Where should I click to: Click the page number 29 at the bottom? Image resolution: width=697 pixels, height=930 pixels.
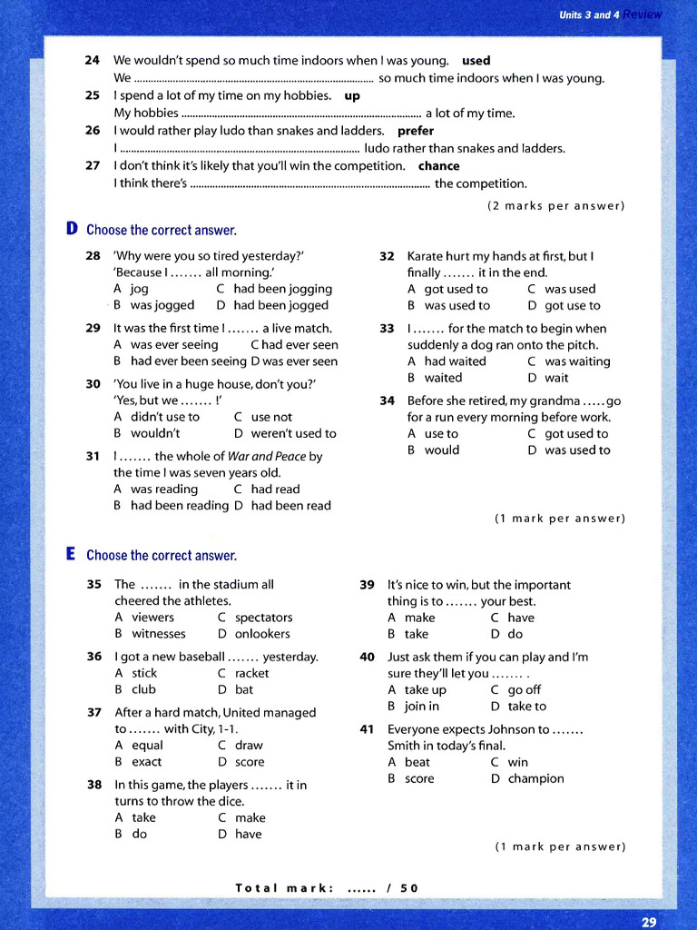click(x=648, y=921)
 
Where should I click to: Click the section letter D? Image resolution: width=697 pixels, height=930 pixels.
click(x=72, y=229)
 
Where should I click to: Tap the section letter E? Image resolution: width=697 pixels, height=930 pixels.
click(x=71, y=554)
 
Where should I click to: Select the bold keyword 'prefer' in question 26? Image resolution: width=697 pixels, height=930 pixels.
click(x=416, y=131)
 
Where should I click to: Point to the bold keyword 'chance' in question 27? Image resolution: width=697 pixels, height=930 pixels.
click(x=438, y=166)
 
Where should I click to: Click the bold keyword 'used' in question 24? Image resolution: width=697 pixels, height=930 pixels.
click(x=476, y=61)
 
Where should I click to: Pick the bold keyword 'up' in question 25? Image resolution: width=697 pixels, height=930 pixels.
click(x=352, y=95)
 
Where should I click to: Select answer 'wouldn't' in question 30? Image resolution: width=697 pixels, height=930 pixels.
click(x=155, y=433)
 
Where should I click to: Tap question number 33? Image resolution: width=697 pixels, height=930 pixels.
click(x=387, y=329)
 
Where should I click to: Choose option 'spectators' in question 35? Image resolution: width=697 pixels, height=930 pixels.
click(x=263, y=618)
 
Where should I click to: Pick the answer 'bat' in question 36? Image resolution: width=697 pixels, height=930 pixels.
click(x=244, y=689)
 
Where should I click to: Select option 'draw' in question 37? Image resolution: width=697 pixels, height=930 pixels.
click(x=249, y=746)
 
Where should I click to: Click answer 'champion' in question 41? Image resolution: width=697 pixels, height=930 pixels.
click(x=535, y=778)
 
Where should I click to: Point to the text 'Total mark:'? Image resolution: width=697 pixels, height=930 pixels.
click(x=285, y=887)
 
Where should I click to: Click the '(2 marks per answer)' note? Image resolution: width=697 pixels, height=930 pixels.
click(x=556, y=205)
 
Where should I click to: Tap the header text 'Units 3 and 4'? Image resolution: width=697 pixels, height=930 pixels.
click(x=588, y=15)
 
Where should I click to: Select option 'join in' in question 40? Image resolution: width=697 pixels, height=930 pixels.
click(x=422, y=706)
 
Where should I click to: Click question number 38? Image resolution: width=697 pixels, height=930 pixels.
click(x=94, y=785)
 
